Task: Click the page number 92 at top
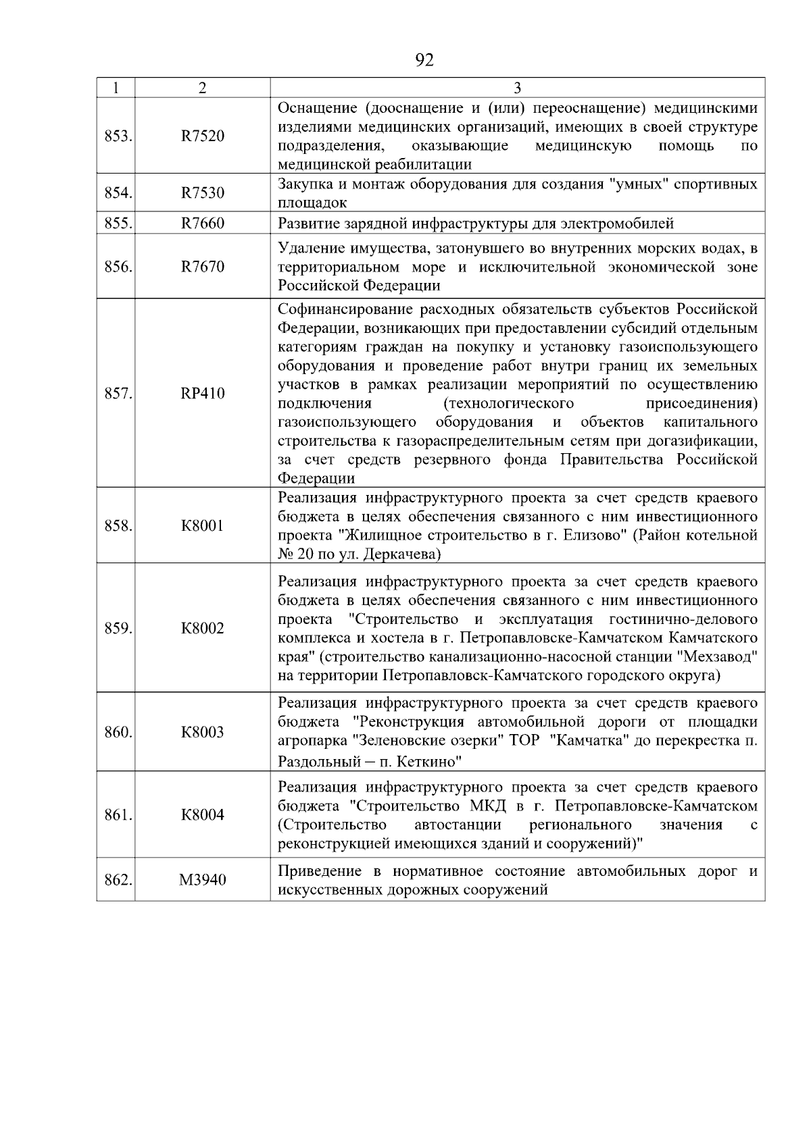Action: [x=424, y=61]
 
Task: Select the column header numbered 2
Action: [x=202, y=88]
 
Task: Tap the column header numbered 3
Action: [x=517, y=88]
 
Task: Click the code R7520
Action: [x=202, y=136]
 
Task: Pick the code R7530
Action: [x=202, y=193]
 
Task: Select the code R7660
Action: [x=202, y=224]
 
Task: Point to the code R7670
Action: [x=202, y=267]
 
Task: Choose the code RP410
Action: [x=202, y=393]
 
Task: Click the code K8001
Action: [x=202, y=525]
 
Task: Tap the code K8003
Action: [x=202, y=732]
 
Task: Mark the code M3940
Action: [x=202, y=881]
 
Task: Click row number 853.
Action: [x=118, y=136]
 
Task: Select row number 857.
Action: [x=118, y=393]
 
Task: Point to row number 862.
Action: [x=118, y=881]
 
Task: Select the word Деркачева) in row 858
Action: [x=402, y=554]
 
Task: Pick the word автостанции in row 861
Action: [x=458, y=825]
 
